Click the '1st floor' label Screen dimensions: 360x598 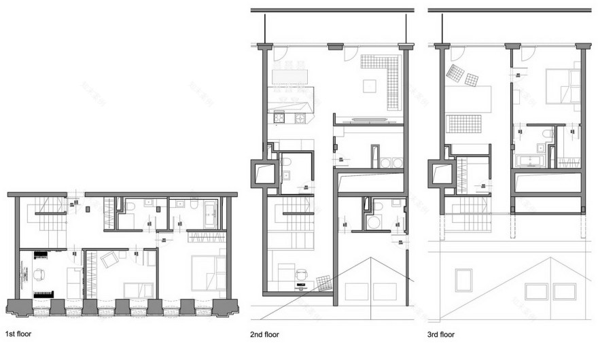(x=18, y=334)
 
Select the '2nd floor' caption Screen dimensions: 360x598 (x=265, y=334)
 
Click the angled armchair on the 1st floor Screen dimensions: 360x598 (x=109, y=259)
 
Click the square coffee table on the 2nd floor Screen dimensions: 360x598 (x=369, y=86)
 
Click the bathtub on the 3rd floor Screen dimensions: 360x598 (x=530, y=162)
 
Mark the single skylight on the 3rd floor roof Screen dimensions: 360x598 (x=463, y=279)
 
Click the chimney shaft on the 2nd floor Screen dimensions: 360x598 (x=265, y=175)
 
